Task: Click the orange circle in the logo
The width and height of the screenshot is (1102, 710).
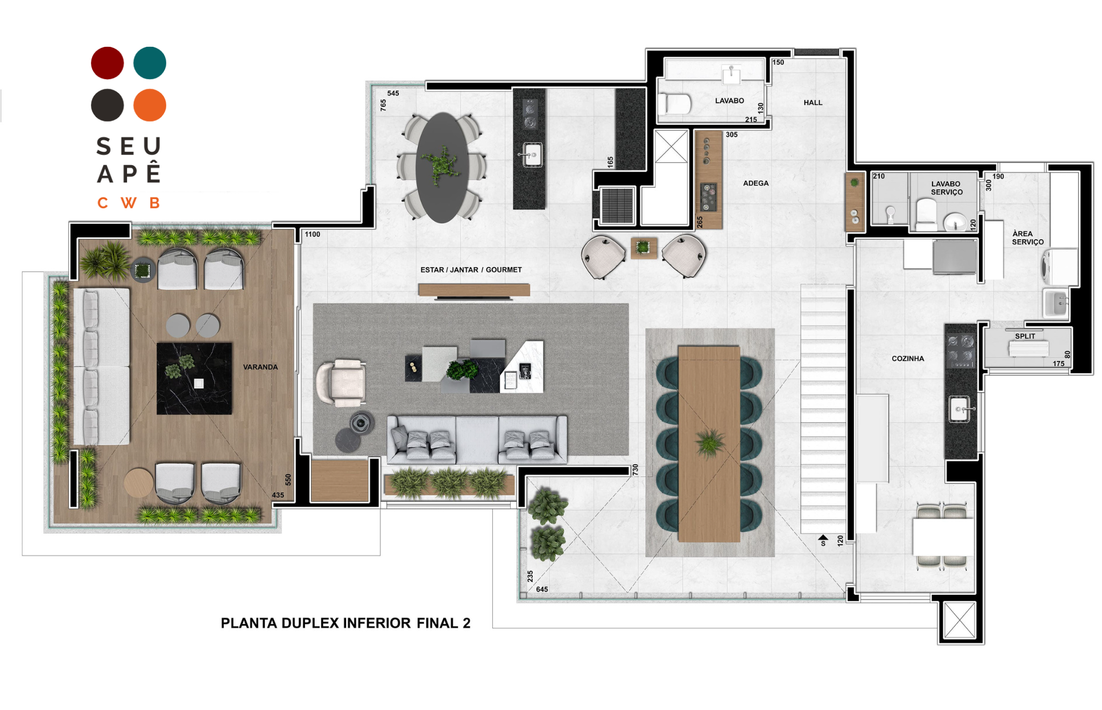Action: (150, 105)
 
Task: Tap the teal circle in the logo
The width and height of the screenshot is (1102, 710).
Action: (150, 63)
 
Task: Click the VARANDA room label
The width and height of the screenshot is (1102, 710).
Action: (260, 367)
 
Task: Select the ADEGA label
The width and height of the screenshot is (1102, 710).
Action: (755, 183)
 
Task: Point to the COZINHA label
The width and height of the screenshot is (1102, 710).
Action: (908, 358)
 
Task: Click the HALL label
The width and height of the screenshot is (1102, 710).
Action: (813, 102)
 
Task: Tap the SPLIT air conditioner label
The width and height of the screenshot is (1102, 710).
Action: (1025, 336)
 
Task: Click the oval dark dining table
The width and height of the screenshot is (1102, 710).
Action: (442, 167)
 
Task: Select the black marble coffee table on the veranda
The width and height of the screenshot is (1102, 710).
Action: (194, 378)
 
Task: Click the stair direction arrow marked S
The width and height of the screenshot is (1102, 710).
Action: (823, 537)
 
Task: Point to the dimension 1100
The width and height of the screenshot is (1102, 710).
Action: (312, 235)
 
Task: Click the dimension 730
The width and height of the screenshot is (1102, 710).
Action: (635, 470)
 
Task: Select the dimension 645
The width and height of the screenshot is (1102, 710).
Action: (542, 590)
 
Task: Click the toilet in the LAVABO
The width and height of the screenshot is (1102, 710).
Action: (675, 104)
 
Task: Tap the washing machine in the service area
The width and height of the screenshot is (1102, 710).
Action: (1059, 267)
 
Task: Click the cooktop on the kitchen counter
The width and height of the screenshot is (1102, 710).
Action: (961, 350)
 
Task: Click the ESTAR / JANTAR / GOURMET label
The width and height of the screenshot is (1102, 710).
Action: (471, 269)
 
